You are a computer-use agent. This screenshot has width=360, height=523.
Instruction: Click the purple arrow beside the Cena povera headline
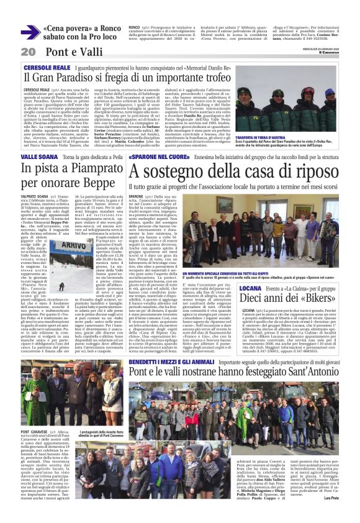pyautogui.click(x=30, y=33)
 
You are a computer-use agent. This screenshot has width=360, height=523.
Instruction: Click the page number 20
pyautogui.click(x=27, y=51)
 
